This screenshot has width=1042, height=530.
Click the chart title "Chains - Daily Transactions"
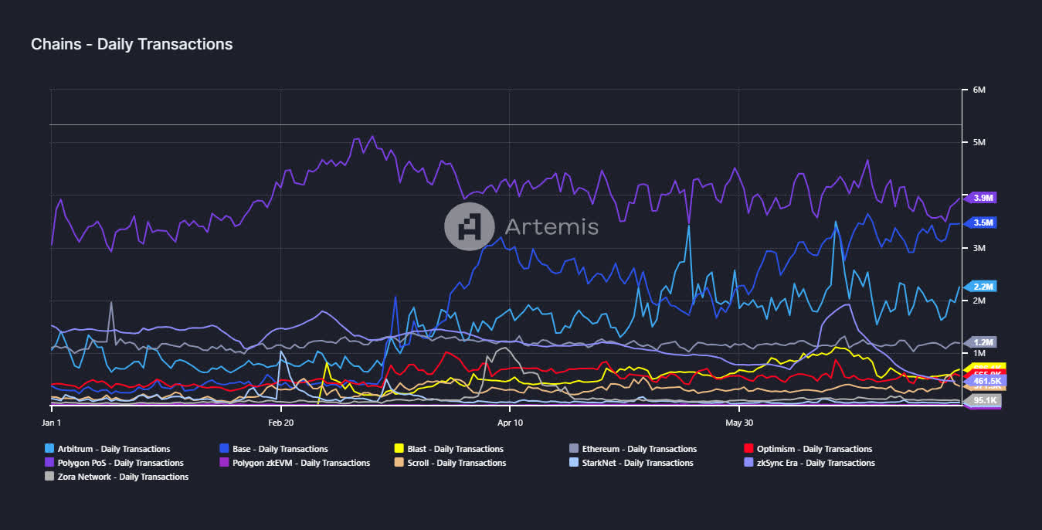131,45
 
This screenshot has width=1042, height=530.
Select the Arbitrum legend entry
107,449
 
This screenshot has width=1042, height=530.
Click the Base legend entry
274,449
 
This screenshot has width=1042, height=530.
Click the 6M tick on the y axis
979,90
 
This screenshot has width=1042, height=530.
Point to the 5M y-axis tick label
979,143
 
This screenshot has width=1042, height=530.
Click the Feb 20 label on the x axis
280,423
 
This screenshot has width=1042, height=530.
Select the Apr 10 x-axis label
510,423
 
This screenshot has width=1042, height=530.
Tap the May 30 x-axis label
739,423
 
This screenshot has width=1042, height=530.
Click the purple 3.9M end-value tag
983,198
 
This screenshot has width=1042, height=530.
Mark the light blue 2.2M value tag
983,287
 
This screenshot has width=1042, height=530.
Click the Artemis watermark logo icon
470,226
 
